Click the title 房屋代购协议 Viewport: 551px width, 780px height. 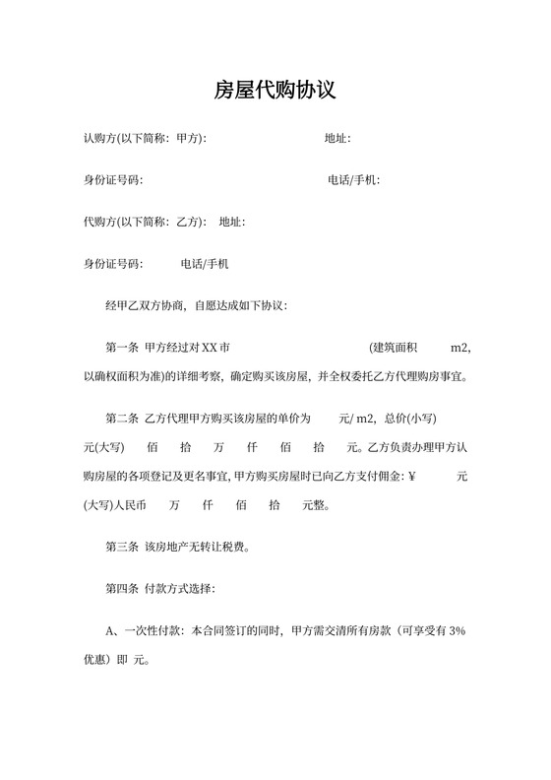[x=275, y=91]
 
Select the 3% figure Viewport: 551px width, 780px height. [x=456, y=630]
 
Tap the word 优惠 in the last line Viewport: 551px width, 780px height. [x=95, y=659]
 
